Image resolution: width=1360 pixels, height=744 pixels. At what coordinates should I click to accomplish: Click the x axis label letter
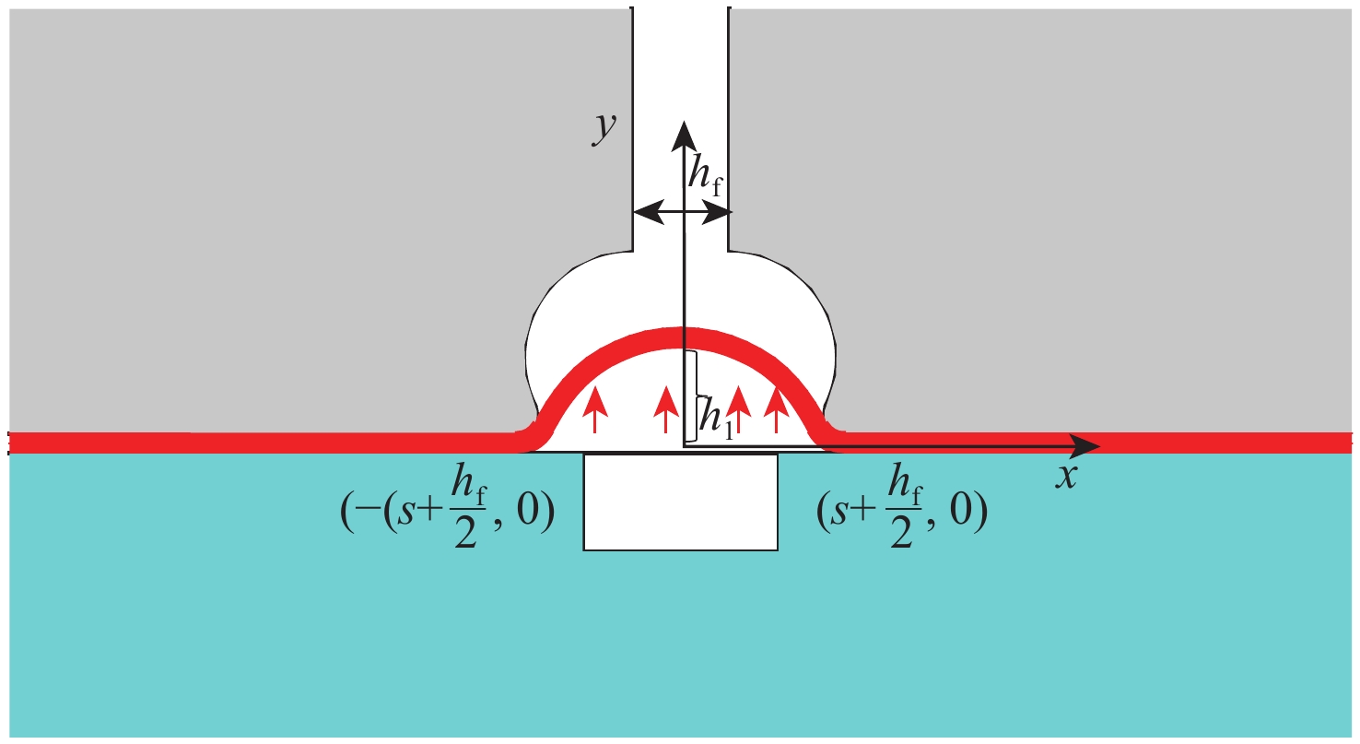point(1066,478)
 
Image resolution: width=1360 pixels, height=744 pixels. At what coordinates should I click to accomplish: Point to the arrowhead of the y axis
point(683,135)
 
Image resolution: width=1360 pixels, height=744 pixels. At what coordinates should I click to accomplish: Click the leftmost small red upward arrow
point(595,408)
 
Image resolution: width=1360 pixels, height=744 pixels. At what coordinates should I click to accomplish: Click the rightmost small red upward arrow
point(776,408)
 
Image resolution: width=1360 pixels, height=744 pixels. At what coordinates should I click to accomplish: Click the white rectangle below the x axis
point(680,502)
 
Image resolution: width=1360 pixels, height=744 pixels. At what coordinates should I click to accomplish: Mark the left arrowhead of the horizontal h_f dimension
point(643,213)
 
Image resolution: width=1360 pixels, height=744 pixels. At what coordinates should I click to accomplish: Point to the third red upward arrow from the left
point(736,408)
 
